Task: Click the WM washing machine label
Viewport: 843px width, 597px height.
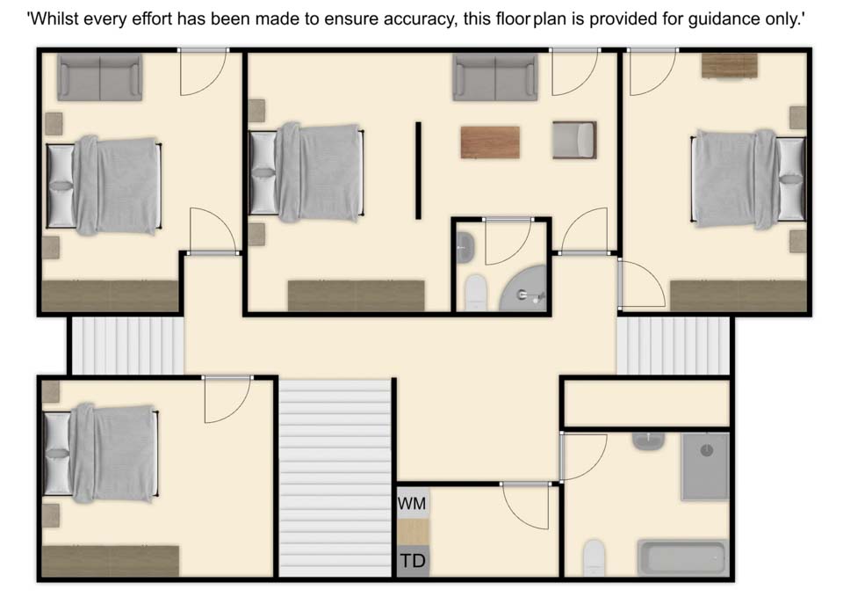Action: [x=412, y=503]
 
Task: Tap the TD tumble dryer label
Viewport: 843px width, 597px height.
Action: [x=413, y=561]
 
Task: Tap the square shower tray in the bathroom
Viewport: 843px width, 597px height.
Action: [x=705, y=466]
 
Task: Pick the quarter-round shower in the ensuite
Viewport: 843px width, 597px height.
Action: [x=522, y=288]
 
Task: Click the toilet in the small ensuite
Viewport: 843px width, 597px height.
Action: [x=475, y=292]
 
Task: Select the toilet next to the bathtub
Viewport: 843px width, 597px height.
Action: [x=594, y=557]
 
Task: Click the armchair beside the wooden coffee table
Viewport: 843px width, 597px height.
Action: [x=574, y=140]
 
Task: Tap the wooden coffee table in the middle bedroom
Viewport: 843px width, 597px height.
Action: [x=490, y=142]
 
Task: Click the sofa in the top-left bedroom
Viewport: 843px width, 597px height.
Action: [x=100, y=77]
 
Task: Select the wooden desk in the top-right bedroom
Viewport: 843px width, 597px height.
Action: [x=730, y=66]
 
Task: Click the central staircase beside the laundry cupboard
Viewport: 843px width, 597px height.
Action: [x=335, y=478]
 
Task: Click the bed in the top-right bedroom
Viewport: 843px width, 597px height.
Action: [x=748, y=179]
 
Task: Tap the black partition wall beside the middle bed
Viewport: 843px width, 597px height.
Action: [x=418, y=170]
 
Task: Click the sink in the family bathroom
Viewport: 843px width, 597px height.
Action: [x=648, y=441]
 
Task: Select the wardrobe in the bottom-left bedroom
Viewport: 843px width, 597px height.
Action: [x=111, y=561]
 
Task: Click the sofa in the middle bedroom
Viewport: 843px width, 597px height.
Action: [x=495, y=77]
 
